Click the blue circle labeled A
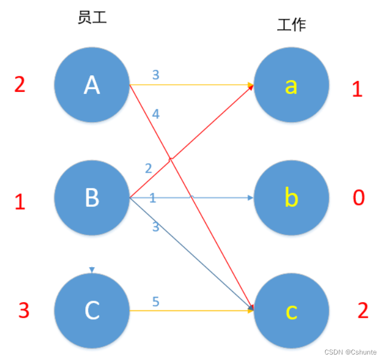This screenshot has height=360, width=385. pos(91,85)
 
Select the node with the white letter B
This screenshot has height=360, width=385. pos(91,197)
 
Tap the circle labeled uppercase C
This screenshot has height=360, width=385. pos(91,311)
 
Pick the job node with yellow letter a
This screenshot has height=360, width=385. pos(291,85)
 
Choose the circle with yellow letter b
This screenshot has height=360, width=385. pos(291,197)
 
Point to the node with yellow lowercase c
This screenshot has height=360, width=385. pos(291,311)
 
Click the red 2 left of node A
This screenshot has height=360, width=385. pos(20,85)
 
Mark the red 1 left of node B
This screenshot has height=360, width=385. pos(20,202)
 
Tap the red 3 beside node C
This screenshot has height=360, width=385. pos(24,311)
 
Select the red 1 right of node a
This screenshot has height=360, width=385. pos(357,89)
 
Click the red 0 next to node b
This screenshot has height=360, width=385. pos(358,197)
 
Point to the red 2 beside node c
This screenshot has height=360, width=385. pos(362,311)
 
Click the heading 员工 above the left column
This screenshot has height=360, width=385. pos(92,18)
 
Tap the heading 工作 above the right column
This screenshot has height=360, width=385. pos(291,25)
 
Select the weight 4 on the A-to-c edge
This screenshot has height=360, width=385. pos(156,114)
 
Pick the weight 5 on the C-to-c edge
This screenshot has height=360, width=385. pos(156,302)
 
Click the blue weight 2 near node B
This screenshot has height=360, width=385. pos(148,168)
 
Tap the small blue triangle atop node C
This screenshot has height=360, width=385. pos(92,270)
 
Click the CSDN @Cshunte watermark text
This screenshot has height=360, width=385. pos(350,352)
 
